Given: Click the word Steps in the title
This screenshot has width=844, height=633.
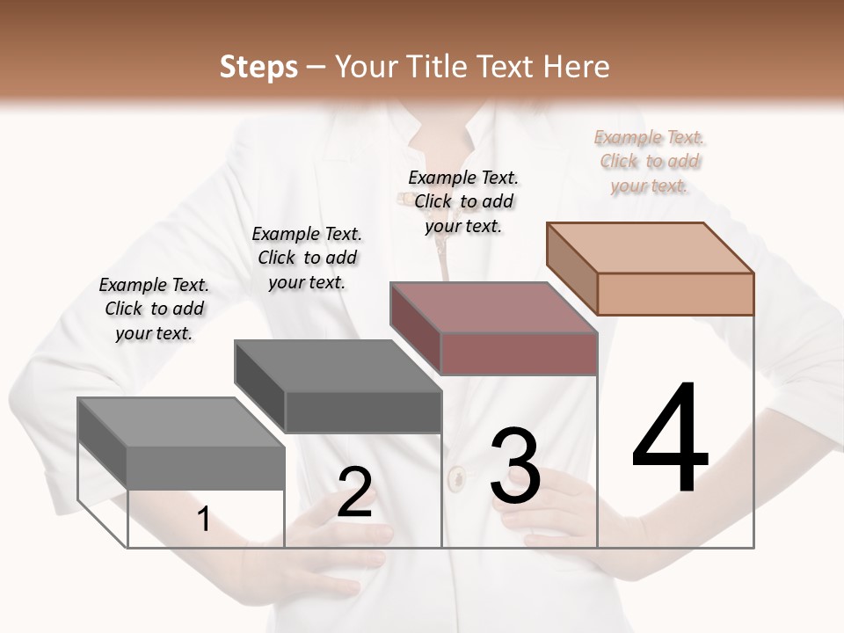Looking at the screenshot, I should [x=258, y=67].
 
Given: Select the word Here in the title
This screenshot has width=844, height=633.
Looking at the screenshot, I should [x=577, y=67].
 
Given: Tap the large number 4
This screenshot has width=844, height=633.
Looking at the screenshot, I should [x=670, y=440].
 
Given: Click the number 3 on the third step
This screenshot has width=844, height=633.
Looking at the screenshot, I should [x=514, y=466].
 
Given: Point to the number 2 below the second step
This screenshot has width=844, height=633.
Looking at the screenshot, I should [x=354, y=492].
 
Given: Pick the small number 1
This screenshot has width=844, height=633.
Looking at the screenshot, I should [x=204, y=520].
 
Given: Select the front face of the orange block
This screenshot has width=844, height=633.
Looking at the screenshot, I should [x=675, y=294].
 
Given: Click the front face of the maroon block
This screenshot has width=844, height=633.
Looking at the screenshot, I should [x=519, y=353].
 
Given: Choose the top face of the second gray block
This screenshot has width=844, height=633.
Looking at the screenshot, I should [x=338, y=365].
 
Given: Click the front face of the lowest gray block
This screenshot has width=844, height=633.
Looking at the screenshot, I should [x=206, y=467].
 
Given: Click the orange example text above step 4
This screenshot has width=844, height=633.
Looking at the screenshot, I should [x=650, y=161].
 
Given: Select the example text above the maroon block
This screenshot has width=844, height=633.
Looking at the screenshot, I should [x=463, y=201].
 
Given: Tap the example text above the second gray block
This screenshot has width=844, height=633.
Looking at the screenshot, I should [x=307, y=258].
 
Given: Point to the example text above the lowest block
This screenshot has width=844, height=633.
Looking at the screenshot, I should [x=154, y=309].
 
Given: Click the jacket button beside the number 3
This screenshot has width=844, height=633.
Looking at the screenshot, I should [x=457, y=479].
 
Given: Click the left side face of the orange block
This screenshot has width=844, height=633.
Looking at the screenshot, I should [x=571, y=268].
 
